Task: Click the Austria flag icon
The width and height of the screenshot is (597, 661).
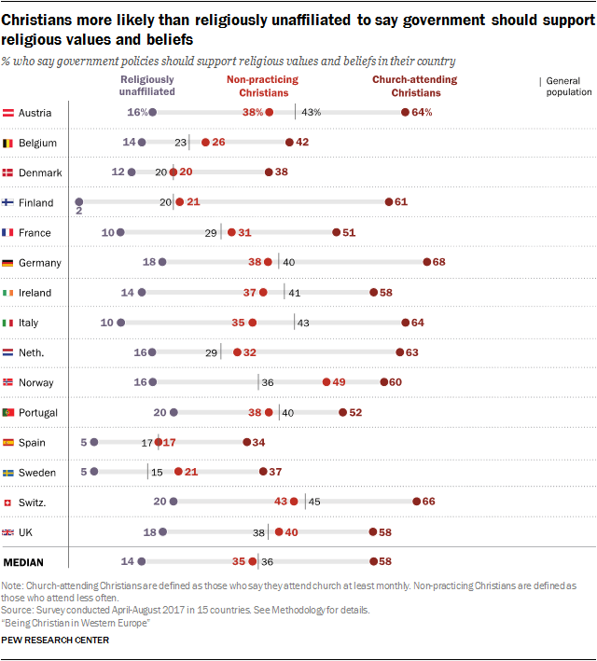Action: point(9,113)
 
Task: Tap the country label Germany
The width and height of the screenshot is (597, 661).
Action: point(39,263)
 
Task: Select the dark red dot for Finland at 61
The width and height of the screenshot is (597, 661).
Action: point(389,202)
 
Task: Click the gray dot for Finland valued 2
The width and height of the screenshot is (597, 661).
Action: point(79,202)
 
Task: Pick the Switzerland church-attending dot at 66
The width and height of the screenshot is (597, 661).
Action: point(416,502)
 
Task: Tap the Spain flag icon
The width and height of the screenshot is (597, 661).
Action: point(9,442)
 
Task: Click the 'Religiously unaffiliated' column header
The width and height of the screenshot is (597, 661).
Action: point(147,86)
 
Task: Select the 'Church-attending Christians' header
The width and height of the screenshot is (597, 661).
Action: point(414,86)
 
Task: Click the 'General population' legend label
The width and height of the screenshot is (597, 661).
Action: point(569,87)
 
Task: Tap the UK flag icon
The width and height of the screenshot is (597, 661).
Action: point(9,531)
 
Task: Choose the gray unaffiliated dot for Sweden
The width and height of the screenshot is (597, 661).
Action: point(94,472)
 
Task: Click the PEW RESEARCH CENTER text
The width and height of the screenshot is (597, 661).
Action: point(55,640)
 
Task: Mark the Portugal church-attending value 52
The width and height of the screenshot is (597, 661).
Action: point(355,412)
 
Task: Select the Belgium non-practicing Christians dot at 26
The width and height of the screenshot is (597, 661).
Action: point(204,143)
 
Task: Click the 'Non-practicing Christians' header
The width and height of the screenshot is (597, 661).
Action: point(263,86)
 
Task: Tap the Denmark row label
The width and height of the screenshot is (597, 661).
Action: point(40,172)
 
